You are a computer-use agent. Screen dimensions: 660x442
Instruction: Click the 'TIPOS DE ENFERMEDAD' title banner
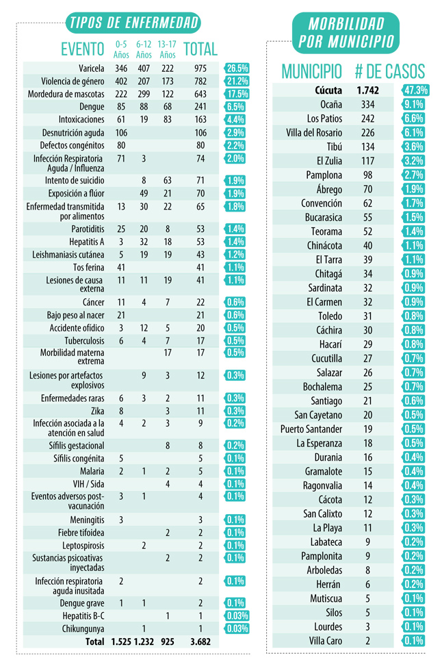(133, 23)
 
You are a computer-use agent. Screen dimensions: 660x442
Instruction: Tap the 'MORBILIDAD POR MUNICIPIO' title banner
(345, 32)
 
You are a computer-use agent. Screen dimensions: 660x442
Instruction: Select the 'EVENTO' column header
(83, 49)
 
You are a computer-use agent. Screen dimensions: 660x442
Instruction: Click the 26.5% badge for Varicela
(237, 68)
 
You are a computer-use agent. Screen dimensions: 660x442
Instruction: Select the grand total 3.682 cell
(200, 642)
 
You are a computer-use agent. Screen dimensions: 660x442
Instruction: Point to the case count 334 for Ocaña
(367, 104)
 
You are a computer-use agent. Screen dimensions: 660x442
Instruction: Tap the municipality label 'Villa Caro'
(326, 642)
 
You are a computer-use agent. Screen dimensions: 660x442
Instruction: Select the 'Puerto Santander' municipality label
(311, 429)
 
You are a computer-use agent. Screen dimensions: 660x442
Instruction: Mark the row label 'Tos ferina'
(88, 267)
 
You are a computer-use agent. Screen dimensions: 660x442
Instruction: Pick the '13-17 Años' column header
(166, 49)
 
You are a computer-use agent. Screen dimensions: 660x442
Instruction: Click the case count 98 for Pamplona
(367, 175)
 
